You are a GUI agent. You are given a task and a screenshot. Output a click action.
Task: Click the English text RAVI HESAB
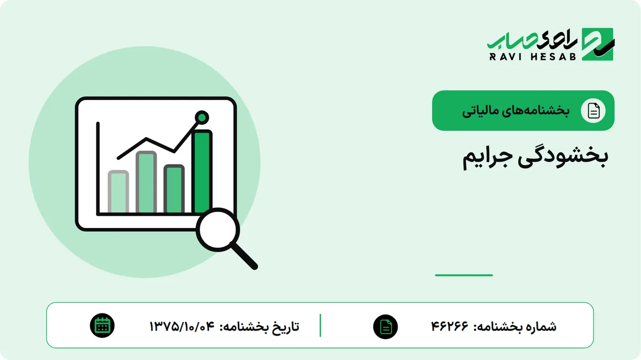(x=533, y=57)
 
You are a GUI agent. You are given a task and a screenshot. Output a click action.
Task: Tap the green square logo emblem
(x=598, y=44)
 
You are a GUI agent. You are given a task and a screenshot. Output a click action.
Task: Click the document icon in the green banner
(x=593, y=111)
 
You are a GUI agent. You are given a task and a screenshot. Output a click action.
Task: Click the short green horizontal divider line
(x=464, y=275)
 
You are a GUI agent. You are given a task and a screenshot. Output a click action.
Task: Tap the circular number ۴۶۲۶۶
(x=450, y=326)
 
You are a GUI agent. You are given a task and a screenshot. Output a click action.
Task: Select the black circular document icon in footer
(x=386, y=327)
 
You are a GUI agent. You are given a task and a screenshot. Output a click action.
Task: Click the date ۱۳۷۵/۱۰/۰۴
(x=182, y=326)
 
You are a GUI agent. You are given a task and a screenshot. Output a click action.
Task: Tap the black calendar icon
(x=102, y=326)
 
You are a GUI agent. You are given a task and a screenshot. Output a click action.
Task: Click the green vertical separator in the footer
(x=320, y=325)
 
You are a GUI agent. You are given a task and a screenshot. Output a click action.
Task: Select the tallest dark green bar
(x=202, y=171)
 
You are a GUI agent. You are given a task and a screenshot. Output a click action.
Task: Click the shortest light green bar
(x=118, y=192)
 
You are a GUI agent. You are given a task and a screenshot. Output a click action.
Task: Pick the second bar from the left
(x=146, y=182)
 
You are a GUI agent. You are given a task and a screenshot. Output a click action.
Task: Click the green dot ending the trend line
(x=202, y=118)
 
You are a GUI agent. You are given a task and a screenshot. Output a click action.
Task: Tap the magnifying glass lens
(x=218, y=230)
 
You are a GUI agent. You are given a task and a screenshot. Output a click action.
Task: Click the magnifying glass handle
(x=244, y=256)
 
